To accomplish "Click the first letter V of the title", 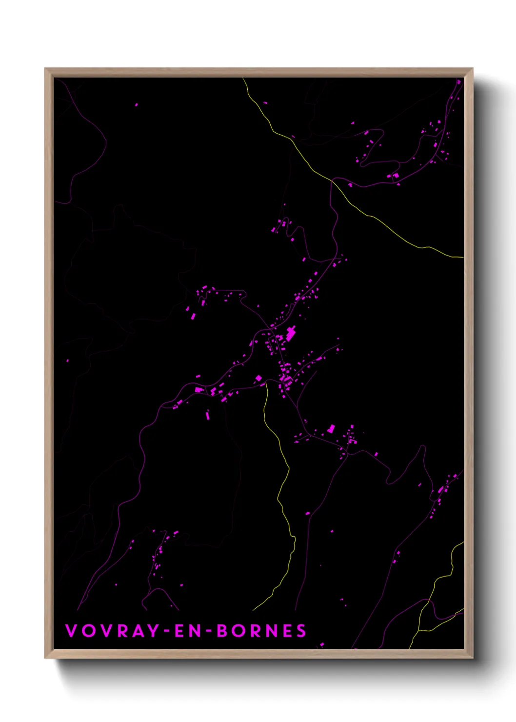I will (71, 631).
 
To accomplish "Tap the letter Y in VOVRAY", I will (153, 631).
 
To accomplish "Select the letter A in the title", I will (138, 631).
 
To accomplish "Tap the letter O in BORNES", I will (238, 631).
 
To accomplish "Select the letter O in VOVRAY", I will (88, 631).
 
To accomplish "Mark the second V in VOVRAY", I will (105, 631).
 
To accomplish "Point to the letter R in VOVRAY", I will (122, 631).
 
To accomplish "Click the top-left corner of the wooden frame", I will (45, 69).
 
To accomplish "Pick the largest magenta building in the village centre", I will (291, 334).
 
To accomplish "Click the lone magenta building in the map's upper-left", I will (136, 104).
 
